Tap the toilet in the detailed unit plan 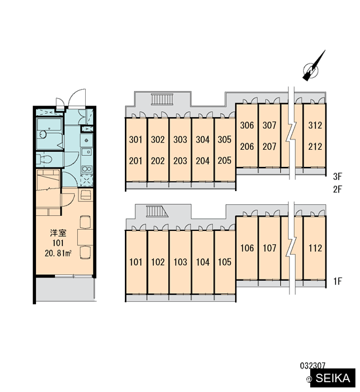pyautogui.click(x=45, y=159)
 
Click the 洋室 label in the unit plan pyautogui.click(x=58, y=233)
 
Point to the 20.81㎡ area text pyautogui.click(x=58, y=253)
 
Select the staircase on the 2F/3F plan pyautogui.click(x=162, y=99)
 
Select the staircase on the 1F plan pyautogui.click(x=156, y=211)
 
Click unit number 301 pyautogui.click(x=135, y=139)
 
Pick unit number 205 pyautogui.click(x=225, y=160)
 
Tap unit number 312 pyautogui.click(x=315, y=125)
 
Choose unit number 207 pyautogui.click(x=269, y=147)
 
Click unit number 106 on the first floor pyautogui.click(x=247, y=248)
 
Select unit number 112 pyautogui.click(x=315, y=248)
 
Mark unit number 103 pyautogui.click(x=180, y=262)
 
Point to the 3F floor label pyautogui.click(x=337, y=177)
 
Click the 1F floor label pyautogui.click(x=337, y=281)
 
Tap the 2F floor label pyautogui.click(x=337, y=189)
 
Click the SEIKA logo pyautogui.click(x=333, y=378)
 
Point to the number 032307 pyautogui.click(x=313, y=366)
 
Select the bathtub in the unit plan pyautogui.click(x=49, y=134)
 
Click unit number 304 pyautogui.click(x=202, y=139)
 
